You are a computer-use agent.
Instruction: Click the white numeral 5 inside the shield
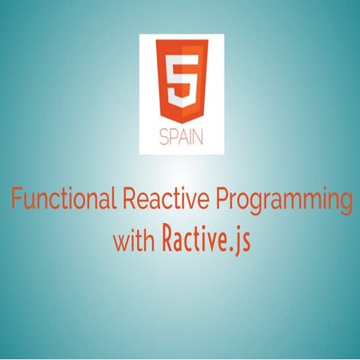[181, 80]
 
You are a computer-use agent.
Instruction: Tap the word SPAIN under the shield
[181, 135]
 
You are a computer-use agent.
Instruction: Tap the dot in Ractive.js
[232, 246]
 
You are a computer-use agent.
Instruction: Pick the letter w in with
[120, 241]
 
